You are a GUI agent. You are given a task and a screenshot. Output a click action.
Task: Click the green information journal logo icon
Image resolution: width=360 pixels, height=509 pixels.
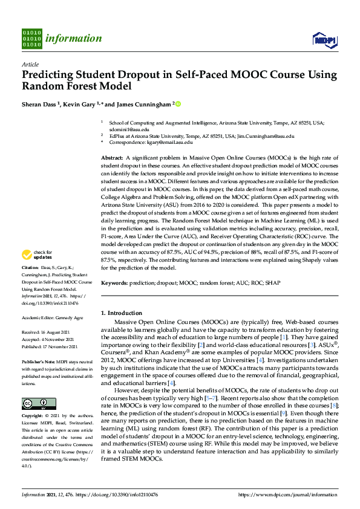tap(31, 37)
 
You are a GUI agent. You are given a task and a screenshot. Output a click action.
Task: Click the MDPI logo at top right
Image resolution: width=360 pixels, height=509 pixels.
tap(323, 39)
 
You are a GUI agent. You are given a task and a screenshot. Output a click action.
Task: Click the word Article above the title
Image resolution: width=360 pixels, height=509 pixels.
tap(30, 64)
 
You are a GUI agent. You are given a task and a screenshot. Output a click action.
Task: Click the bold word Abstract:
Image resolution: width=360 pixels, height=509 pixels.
tap(113, 157)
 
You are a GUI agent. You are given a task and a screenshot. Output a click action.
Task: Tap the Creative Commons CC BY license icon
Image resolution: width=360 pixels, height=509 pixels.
tap(34, 403)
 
